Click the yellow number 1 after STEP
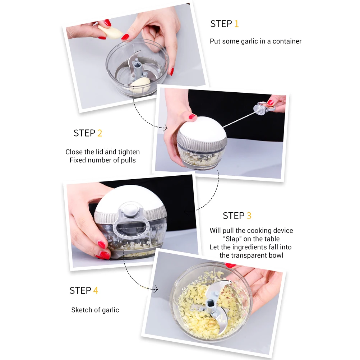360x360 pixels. tap(236, 24)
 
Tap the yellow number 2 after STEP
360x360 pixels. tap(100, 133)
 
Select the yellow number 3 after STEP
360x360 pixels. tap(249, 216)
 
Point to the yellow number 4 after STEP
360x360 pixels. tap(96, 291)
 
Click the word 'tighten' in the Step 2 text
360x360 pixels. tap(129, 152)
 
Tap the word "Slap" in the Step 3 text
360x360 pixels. tap(232, 239)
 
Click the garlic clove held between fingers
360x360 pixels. tap(111, 32)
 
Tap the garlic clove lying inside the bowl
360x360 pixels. tap(140, 85)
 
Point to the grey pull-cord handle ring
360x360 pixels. tap(264, 108)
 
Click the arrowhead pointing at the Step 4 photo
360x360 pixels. tap(156, 289)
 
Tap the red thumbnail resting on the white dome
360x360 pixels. tap(192, 116)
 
